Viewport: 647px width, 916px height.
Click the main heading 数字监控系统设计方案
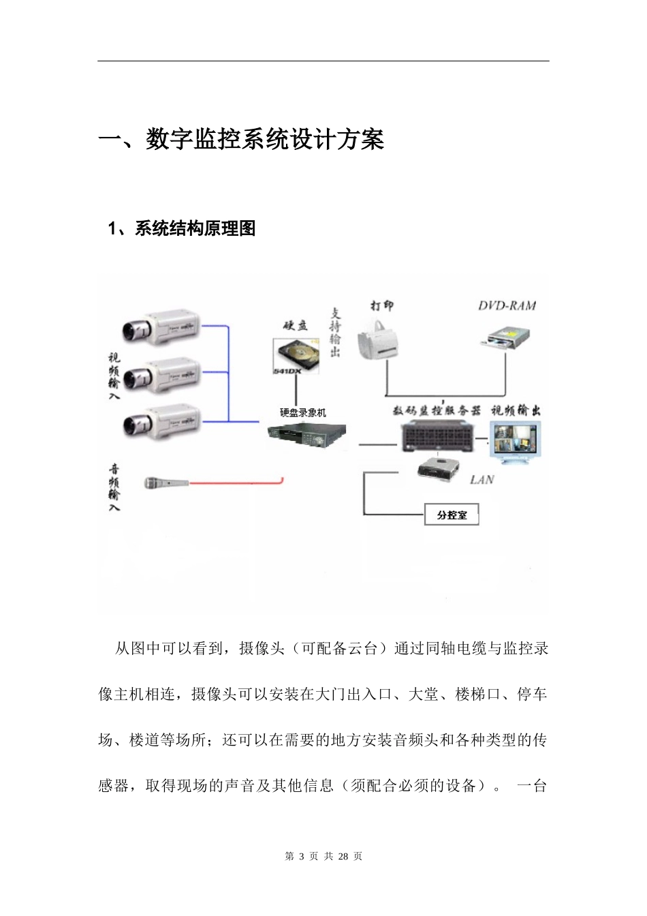tap(242, 140)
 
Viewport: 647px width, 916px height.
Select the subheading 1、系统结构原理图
tap(182, 229)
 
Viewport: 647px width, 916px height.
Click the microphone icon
tap(166, 483)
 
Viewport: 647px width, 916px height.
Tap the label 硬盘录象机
tap(303, 412)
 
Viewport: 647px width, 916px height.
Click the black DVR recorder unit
tap(306, 434)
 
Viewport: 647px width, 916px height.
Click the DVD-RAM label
tap(507, 306)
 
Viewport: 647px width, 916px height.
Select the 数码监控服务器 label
tap(437, 410)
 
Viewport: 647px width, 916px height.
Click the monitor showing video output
tap(516, 442)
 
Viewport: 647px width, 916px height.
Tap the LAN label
tap(482, 480)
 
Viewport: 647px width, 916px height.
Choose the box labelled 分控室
tap(452, 515)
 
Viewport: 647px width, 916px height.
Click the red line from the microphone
tap(235, 483)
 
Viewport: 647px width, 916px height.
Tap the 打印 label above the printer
tap(381, 305)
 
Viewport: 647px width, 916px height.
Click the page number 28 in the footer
tap(343, 856)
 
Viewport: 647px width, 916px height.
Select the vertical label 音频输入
tap(114, 487)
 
